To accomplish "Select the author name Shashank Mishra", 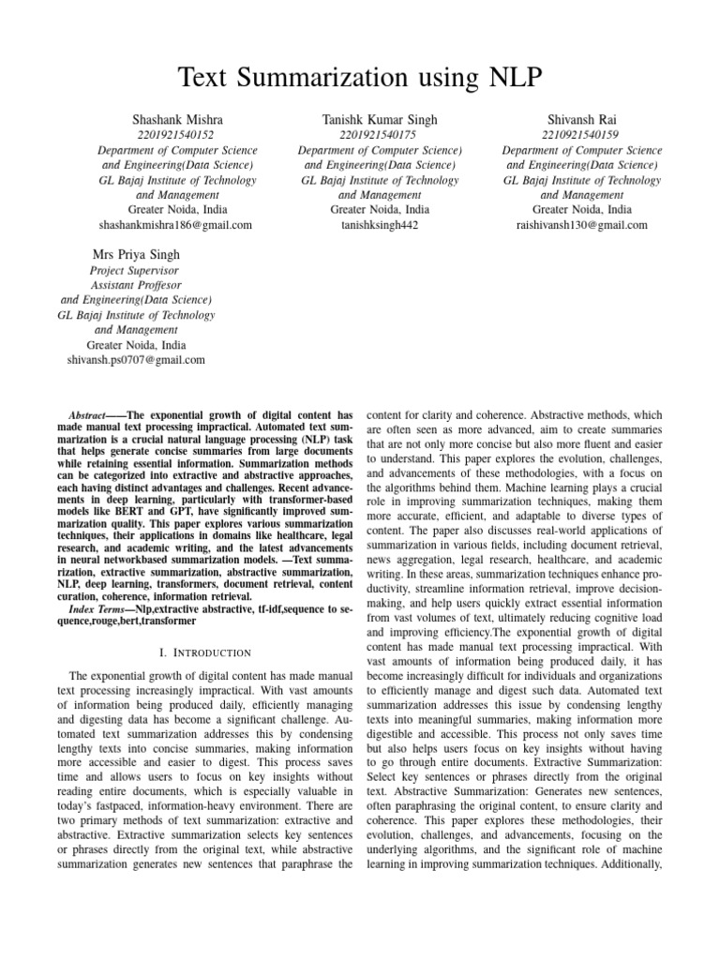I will pos(176,120).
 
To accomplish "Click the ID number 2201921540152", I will pos(176,135).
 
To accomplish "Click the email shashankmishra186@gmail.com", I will pos(176,225).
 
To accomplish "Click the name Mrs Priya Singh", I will pos(136,254).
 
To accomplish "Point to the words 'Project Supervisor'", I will pos(136,270).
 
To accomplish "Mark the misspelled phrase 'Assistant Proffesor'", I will pos(136,285).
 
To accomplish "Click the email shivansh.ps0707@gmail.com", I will pos(136,359).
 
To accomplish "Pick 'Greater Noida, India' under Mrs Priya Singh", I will pos(136,344).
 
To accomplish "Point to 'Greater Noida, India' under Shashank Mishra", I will pos(176,210).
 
